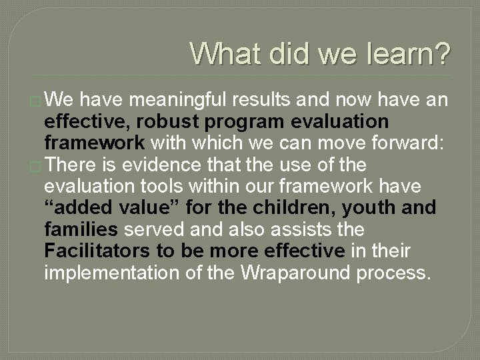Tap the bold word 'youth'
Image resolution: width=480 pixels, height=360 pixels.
pyautogui.click(x=367, y=207)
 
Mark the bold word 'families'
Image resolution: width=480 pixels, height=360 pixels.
pyautogui.click(x=81, y=229)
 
